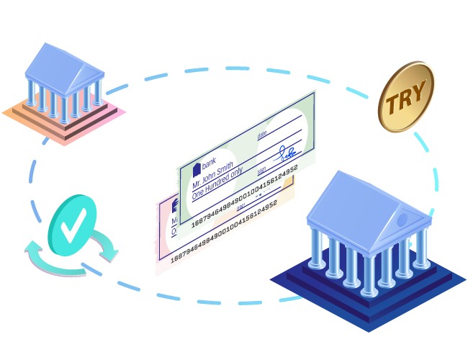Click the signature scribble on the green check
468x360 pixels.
[287, 153]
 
